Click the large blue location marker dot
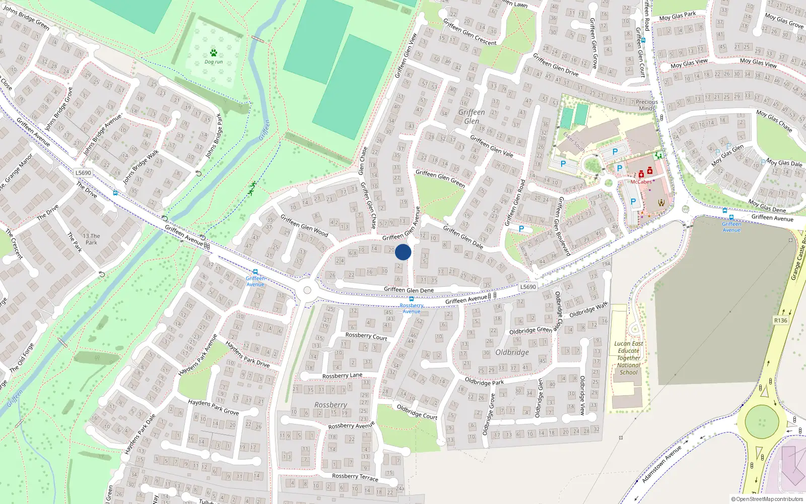tap(403, 252)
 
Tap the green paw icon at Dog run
tap(214, 53)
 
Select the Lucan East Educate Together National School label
tap(629, 358)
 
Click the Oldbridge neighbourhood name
tap(512, 352)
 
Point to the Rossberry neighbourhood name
tap(330, 405)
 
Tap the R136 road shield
tap(780, 321)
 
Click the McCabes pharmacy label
tap(641, 182)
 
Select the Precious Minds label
tap(647, 105)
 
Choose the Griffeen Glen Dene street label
tap(409, 290)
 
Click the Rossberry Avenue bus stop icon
tap(412, 299)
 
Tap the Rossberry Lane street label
tap(342, 375)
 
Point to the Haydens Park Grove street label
tap(213, 407)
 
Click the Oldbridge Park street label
tap(484, 382)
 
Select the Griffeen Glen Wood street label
tap(304, 226)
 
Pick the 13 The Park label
tap(91, 239)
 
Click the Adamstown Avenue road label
tap(661, 464)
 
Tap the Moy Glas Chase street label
tap(774, 121)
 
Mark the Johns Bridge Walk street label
tap(141, 166)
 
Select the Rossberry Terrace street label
tap(355, 476)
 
